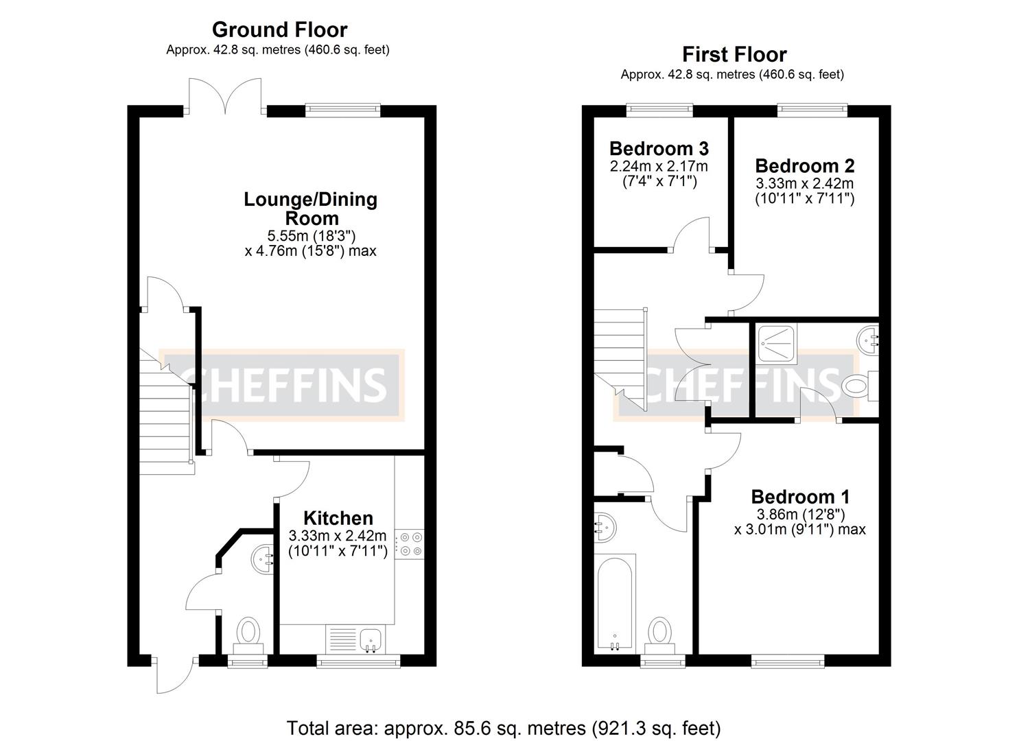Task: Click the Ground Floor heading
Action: tap(279, 30)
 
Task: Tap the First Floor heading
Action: tap(734, 55)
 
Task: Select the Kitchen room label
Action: tap(338, 518)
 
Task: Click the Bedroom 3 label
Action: tap(659, 149)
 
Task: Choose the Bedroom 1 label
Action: tap(800, 497)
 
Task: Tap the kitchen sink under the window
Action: tap(371, 639)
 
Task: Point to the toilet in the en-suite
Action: tap(858, 386)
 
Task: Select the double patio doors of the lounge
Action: tap(225, 96)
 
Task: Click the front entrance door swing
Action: tap(169, 675)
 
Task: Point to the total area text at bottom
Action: tap(503, 727)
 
